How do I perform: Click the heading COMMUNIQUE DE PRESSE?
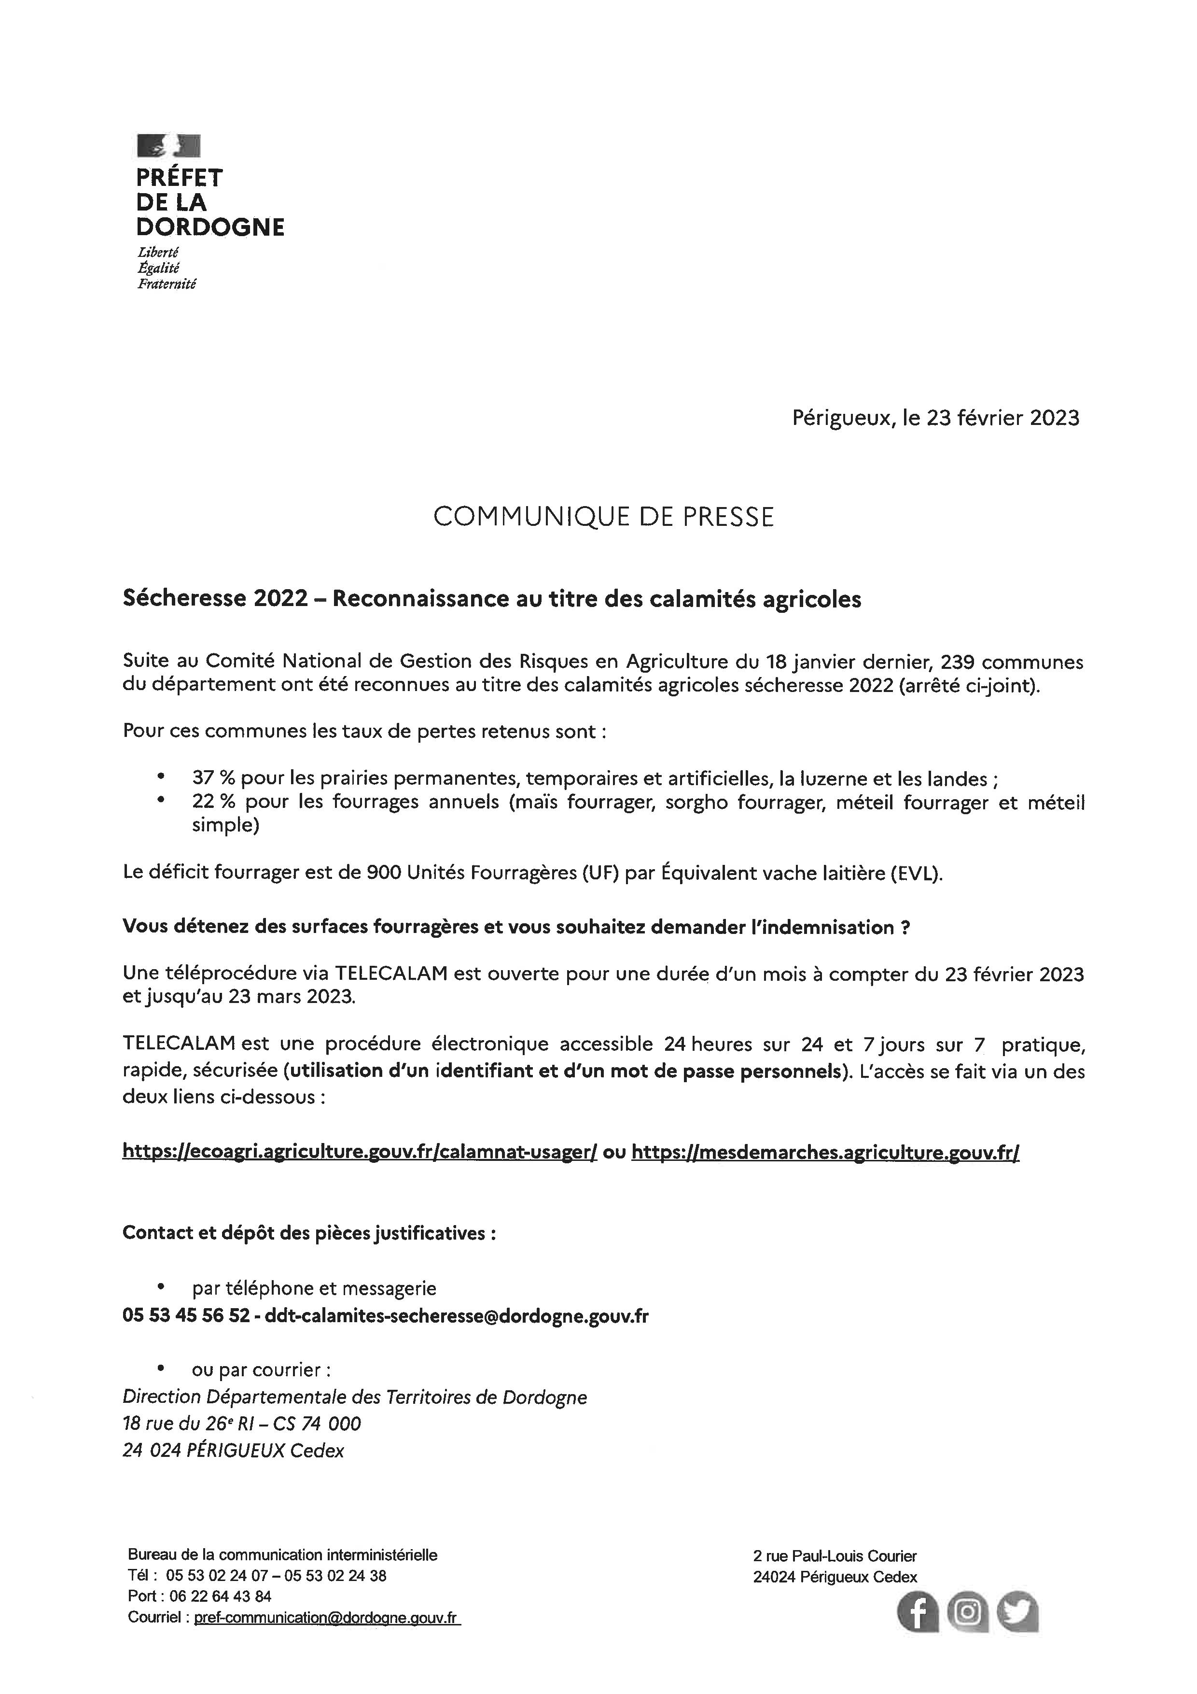click(603, 517)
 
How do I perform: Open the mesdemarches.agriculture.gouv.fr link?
click(825, 1152)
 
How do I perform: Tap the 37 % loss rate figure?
click(213, 778)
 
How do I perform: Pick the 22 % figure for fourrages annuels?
click(213, 802)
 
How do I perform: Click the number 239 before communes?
click(960, 662)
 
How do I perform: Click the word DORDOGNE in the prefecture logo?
click(210, 226)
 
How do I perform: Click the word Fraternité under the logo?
click(167, 284)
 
